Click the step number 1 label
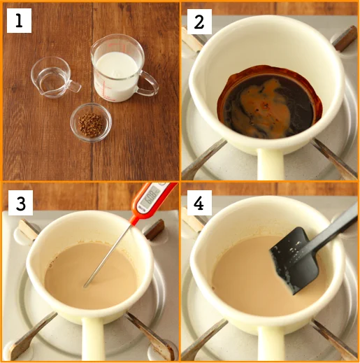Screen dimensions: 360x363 [19, 20]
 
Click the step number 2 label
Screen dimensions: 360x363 [199, 22]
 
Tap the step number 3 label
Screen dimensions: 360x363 [20, 203]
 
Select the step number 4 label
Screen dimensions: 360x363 [199, 203]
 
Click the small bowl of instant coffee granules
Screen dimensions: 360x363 [91, 122]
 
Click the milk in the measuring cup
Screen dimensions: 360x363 [117, 76]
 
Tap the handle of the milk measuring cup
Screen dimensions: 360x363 [149, 84]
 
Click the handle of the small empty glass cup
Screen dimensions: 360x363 [74, 86]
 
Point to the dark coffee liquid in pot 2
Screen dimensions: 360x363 [271, 103]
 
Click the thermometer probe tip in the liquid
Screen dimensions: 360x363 [85, 286]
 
